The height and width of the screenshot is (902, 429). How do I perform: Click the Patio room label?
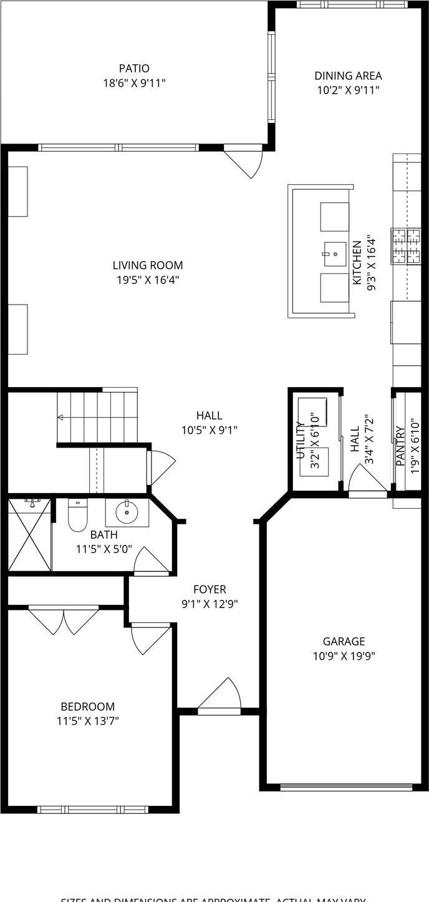pyautogui.click(x=134, y=68)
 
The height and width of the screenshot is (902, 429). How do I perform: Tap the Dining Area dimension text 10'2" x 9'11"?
pyautogui.click(x=347, y=90)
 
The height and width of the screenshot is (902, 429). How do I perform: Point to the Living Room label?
pyautogui.click(x=148, y=265)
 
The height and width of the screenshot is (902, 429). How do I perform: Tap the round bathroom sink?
pyautogui.click(x=127, y=512)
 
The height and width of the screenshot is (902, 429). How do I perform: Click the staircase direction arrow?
pyautogui.click(x=60, y=417)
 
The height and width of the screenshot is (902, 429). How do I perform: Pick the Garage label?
pyautogui.click(x=344, y=641)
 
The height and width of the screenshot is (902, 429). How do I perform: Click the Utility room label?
pyautogui.click(x=300, y=440)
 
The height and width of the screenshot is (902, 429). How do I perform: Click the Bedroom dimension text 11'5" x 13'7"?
pyautogui.click(x=87, y=721)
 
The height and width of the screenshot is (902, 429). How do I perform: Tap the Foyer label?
pyautogui.click(x=210, y=589)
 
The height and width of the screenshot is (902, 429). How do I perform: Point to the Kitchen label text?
pyautogui.click(x=357, y=263)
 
